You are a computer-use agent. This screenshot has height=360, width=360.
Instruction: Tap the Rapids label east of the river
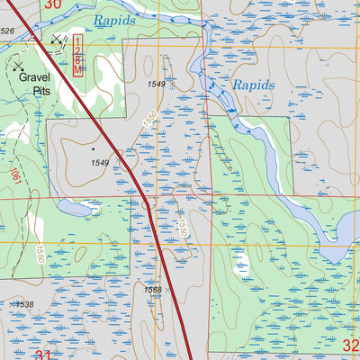point(255,85)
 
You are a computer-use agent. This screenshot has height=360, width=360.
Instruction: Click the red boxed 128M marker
point(78,56)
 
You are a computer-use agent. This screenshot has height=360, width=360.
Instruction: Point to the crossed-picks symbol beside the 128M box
point(59,39)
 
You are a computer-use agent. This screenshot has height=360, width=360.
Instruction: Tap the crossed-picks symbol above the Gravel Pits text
point(18,67)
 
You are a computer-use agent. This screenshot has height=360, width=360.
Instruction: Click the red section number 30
point(53,4)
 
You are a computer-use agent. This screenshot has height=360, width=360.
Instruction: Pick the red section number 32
point(351,346)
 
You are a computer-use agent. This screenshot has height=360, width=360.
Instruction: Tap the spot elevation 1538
point(24,305)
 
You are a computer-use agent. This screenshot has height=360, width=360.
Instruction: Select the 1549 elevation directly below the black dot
point(99,163)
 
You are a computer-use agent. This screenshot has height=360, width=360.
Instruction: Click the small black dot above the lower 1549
point(94,148)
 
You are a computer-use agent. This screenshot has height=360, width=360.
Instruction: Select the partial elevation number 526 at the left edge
point(7,31)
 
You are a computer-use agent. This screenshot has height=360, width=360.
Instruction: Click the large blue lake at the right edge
point(337,234)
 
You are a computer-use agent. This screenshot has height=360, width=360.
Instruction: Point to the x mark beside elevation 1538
point(10,305)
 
